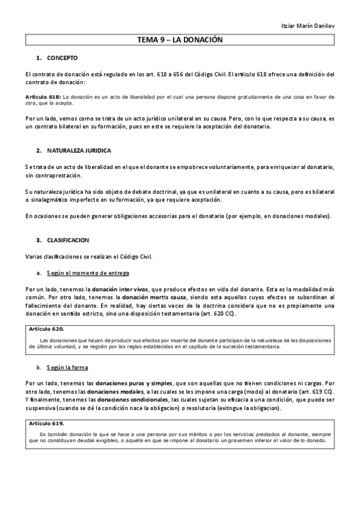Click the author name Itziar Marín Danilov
pyautogui.click(x=307, y=27)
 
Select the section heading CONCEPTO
pyautogui.click(x=63, y=58)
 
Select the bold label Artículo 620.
pyautogui.click(x=47, y=330)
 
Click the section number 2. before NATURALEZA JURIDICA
pyautogui.click(x=39, y=149)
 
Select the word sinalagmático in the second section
pyautogui.click(x=55, y=200)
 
